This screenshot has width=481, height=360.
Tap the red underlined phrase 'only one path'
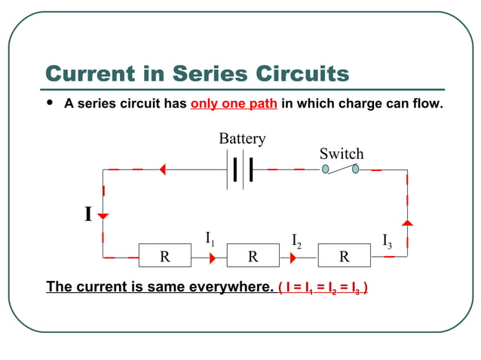[x=234, y=104]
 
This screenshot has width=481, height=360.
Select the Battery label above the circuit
[x=242, y=139]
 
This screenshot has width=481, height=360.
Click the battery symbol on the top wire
[x=242, y=170]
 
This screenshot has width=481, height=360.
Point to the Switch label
[x=342, y=154]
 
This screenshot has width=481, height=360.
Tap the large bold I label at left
[x=87, y=215]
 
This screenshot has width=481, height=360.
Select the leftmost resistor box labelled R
[x=164, y=256]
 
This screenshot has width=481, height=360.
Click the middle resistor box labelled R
[x=253, y=256]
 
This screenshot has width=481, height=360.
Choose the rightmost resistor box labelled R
[x=344, y=256]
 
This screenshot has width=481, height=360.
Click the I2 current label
[x=296, y=241]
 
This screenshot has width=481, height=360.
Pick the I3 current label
[x=387, y=241]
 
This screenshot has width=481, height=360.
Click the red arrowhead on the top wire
[x=161, y=170]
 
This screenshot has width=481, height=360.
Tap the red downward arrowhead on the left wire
[x=103, y=216]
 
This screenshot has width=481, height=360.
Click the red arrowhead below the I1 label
[x=212, y=257]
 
